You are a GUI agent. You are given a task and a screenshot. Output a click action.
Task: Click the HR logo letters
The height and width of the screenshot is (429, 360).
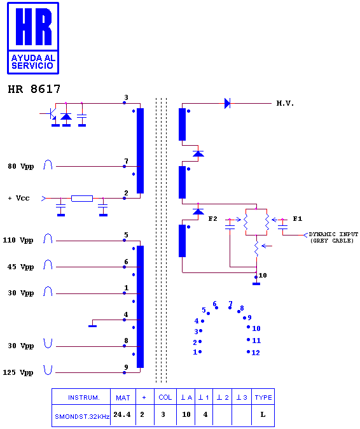click(x=33, y=27)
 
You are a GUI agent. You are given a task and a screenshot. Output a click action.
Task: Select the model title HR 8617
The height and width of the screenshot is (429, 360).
click(x=34, y=89)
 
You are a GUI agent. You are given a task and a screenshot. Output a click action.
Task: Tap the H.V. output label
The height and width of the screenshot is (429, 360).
click(x=285, y=103)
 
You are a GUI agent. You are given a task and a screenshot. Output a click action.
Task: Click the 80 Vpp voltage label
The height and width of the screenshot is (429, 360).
click(x=21, y=166)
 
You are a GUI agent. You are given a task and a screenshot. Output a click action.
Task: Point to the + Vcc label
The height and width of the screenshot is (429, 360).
click(x=18, y=198)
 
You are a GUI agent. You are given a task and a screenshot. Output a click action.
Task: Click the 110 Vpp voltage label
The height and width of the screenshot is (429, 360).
click(x=18, y=240)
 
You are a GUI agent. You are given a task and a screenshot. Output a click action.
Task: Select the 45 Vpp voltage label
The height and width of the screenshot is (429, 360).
click(x=20, y=267)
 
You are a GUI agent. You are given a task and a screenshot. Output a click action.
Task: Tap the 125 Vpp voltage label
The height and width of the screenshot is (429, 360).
click(x=18, y=372)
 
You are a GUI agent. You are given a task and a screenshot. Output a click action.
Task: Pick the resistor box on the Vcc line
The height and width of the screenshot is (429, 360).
click(x=82, y=199)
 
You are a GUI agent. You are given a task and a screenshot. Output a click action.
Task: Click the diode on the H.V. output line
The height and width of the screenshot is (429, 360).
click(x=227, y=103)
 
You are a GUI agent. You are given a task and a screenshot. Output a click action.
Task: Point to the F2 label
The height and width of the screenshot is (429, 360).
click(x=212, y=218)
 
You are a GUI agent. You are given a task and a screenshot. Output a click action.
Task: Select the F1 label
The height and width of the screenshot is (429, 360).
click(x=298, y=218)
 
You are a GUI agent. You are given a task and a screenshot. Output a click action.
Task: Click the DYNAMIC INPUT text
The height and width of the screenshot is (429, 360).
click(x=333, y=234)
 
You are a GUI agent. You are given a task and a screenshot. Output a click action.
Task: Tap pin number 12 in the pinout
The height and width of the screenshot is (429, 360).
click(x=256, y=353)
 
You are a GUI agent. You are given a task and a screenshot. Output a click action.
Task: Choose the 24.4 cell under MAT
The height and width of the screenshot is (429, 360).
click(x=122, y=414)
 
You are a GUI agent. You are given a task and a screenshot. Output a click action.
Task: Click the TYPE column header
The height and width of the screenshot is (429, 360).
click(x=263, y=397)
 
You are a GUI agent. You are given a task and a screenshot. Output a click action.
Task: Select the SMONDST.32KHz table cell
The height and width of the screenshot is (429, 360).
click(x=82, y=416)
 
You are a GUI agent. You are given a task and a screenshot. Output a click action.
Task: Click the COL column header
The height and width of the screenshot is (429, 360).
click(x=165, y=397)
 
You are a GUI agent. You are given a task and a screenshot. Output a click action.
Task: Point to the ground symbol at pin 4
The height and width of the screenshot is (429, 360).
click(x=93, y=326)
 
